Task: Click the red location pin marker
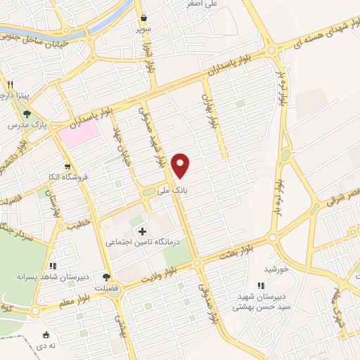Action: (x=181, y=166)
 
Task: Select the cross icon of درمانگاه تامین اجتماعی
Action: (x=143, y=231)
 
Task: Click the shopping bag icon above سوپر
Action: (x=143, y=18)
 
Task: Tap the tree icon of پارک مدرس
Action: (x=27, y=113)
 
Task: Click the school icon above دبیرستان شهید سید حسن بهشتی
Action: (x=261, y=285)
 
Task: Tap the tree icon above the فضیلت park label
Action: (x=106, y=277)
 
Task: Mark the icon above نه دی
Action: (x=46, y=335)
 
